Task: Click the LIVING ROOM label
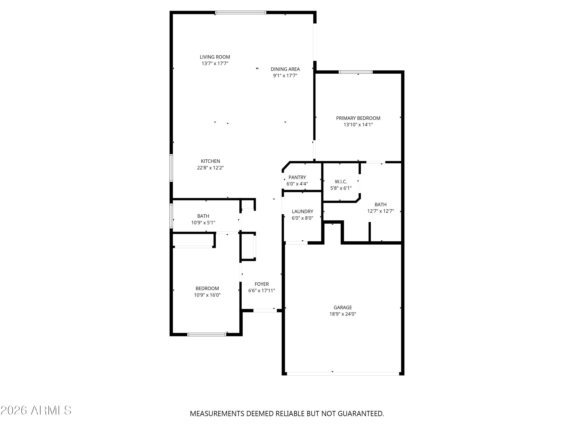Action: click(215, 57)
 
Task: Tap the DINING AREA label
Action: click(285, 69)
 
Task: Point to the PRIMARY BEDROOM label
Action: click(358, 118)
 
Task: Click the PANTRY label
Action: click(297, 177)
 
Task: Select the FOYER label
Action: click(262, 284)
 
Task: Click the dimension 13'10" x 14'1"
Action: click(358, 125)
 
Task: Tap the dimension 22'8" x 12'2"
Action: click(210, 168)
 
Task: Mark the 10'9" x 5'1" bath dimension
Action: click(203, 223)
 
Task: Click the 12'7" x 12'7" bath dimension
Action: click(380, 211)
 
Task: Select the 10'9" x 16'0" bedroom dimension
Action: click(207, 295)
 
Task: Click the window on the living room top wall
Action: click(241, 12)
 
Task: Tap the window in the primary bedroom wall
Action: click(355, 72)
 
